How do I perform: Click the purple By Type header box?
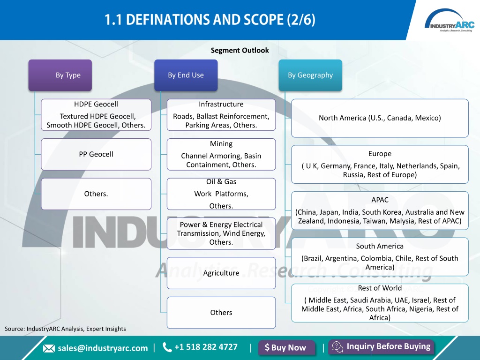tap(60, 75)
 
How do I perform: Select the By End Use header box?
tap(186, 75)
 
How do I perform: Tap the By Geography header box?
tap(310, 75)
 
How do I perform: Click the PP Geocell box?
tap(96, 154)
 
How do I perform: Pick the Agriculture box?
tap(221, 273)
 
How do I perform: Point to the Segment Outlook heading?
tap(240, 50)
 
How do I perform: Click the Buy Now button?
tap(286, 348)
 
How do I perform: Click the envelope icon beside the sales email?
tap(49, 348)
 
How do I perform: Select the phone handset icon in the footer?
tap(167, 347)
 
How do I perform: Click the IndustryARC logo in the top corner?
tap(450, 21)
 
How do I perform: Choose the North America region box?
tap(380, 118)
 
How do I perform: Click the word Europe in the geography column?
tap(380, 154)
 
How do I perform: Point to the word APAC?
tap(380, 200)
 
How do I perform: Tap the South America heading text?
tap(380, 246)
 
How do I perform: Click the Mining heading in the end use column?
tap(221, 144)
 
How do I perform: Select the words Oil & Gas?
tap(221, 181)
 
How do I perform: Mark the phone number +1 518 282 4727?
tap(206, 347)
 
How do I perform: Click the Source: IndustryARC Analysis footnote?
tap(65, 329)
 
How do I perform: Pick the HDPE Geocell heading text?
tap(96, 104)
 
